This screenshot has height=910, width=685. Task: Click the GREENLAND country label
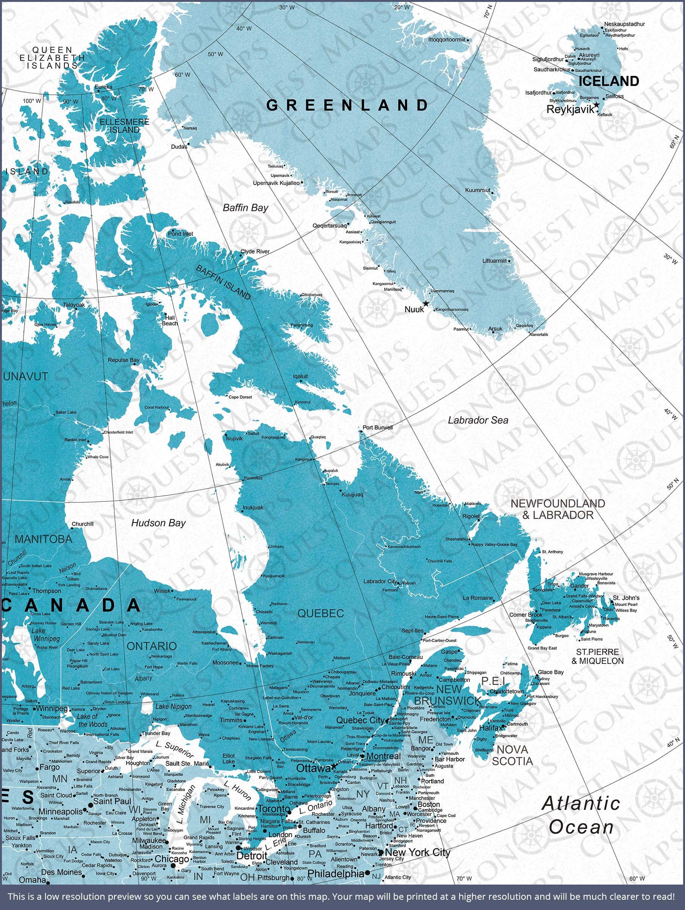point(347,105)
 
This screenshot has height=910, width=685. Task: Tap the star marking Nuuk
point(426,304)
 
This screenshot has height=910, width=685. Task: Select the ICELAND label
point(608,81)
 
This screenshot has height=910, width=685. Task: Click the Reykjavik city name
point(570,110)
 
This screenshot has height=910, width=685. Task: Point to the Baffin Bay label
point(246,208)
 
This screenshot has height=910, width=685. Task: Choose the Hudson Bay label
point(158,523)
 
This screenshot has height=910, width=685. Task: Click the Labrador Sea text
point(478,420)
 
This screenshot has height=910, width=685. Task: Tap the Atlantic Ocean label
point(581,815)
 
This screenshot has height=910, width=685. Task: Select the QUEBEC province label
point(321,613)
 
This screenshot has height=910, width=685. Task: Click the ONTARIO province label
point(152,646)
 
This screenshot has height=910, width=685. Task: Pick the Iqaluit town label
point(300,376)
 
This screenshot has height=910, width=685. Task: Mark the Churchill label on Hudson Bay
point(83,524)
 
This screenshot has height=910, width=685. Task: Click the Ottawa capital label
point(313,768)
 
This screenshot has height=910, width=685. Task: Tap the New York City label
point(418,852)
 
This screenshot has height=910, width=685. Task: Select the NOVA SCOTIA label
point(512,755)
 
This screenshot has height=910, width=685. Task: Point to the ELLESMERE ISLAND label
point(124,126)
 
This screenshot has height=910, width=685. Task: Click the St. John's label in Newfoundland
point(626,598)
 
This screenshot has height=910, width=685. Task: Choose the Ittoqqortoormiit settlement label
point(447,39)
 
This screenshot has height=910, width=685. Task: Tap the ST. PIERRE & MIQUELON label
point(597,656)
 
